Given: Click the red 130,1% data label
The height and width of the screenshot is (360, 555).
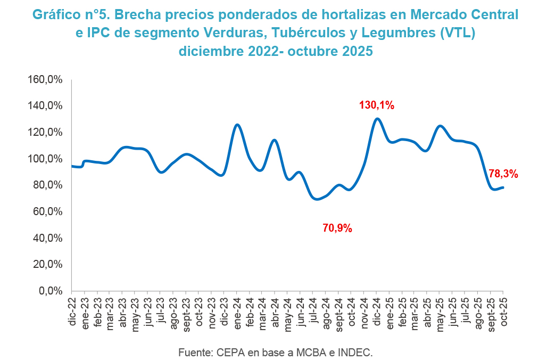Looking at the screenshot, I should coord(377,105).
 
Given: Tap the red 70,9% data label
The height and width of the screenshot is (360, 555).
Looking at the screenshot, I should coord(337,228).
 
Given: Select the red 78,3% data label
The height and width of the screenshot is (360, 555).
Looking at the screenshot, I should coord(503,174).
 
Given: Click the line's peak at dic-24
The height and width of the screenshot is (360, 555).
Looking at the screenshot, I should coord(377,119).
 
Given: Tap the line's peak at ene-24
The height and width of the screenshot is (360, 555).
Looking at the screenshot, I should coord(237,125).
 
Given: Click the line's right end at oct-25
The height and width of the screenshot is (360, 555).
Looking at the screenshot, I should coord(503,187).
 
